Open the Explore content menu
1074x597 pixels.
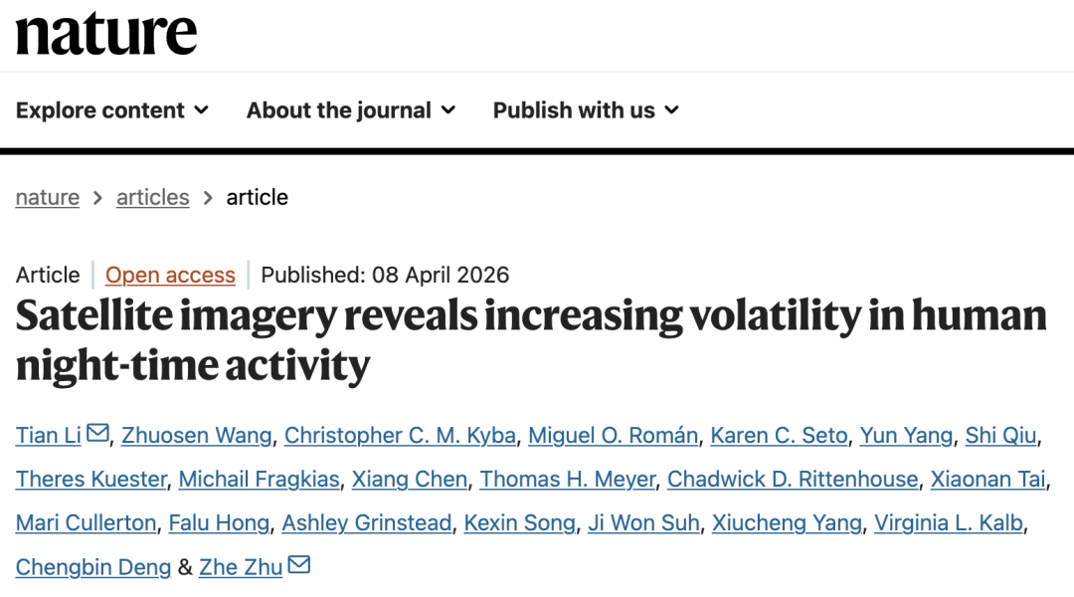click(x=111, y=110)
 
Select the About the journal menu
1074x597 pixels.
click(x=350, y=110)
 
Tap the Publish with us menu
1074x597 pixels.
click(x=585, y=110)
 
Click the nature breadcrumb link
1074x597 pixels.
click(x=48, y=197)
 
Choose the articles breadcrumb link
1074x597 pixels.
click(x=152, y=197)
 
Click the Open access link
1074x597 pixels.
click(x=170, y=275)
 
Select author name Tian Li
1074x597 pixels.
click(x=49, y=435)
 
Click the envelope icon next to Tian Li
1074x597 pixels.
click(x=97, y=434)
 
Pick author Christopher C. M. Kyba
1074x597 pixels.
click(x=400, y=435)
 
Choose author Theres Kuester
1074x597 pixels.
click(x=91, y=479)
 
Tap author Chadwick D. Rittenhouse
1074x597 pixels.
click(x=793, y=479)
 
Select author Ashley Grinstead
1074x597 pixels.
click(x=366, y=522)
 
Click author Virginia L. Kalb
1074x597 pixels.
click(x=949, y=522)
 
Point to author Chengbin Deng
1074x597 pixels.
click(x=92, y=566)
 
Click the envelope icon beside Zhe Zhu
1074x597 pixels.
click(x=298, y=565)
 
